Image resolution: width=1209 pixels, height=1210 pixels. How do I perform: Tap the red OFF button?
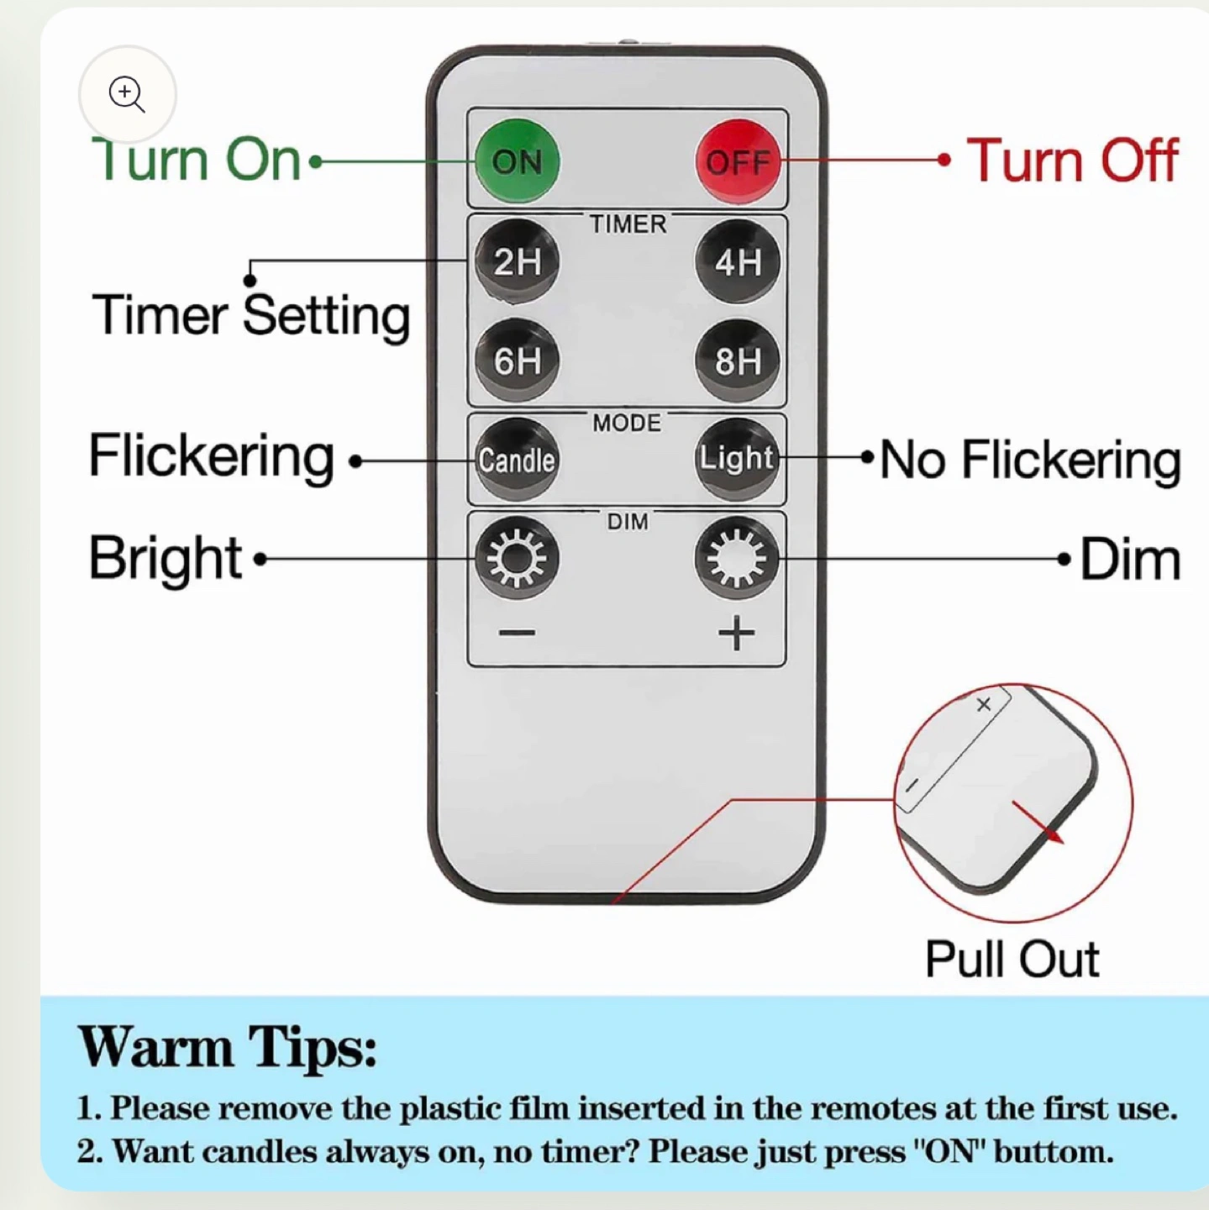[x=738, y=161]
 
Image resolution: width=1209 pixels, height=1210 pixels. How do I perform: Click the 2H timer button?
[x=516, y=261]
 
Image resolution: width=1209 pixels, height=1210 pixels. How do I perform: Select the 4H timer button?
[x=738, y=261]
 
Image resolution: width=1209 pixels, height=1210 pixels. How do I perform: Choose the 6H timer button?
[x=516, y=360]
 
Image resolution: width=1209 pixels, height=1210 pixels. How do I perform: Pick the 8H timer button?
[x=738, y=360]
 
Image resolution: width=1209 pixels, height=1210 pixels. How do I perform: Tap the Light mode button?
[x=738, y=459]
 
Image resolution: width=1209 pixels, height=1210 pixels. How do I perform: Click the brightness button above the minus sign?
[x=516, y=558]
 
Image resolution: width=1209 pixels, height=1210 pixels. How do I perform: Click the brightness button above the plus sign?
[x=738, y=558]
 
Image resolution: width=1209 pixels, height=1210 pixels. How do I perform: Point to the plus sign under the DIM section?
[x=736, y=633]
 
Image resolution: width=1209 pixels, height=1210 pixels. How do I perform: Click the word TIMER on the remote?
[x=628, y=224]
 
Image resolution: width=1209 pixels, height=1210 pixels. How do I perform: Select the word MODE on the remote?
[x=627, y=423]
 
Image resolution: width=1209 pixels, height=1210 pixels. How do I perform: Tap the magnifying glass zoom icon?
[x=128, y=94]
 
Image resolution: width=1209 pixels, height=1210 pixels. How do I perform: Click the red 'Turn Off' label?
[x=1071, y=160]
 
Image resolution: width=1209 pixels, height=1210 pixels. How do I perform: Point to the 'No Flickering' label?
[x=1031, y=460]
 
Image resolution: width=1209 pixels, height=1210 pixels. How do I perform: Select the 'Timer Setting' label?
[x=250, y=316]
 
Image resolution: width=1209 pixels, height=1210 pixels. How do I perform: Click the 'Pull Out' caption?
[x=1012, y=958]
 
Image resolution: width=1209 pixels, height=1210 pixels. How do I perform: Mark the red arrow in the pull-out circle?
[x=1037, y=822]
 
